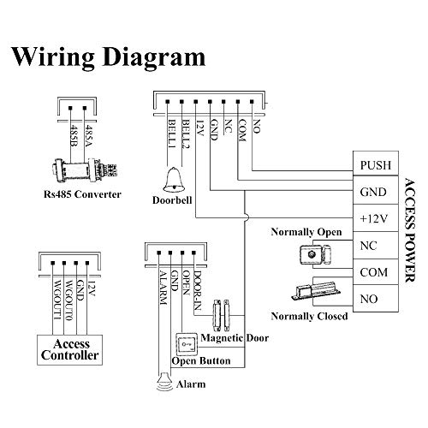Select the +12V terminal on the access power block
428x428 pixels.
376,218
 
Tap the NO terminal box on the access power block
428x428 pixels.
376,298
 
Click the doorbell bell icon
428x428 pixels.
174,180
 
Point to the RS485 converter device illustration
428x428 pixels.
85,170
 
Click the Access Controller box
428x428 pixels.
69,350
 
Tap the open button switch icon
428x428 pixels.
187,344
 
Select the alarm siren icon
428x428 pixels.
165,382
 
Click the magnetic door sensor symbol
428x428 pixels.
222,315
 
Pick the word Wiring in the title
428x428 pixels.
53,58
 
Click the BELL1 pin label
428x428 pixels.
172,134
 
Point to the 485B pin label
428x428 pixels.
74,135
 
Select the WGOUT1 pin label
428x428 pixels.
57,300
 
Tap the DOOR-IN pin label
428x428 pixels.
198,290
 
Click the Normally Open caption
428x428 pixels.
306,232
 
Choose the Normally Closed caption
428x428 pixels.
309,316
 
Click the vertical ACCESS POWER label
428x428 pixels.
410,230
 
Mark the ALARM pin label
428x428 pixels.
163,288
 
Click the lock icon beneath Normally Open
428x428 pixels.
315,253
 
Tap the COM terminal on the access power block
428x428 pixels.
376,272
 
